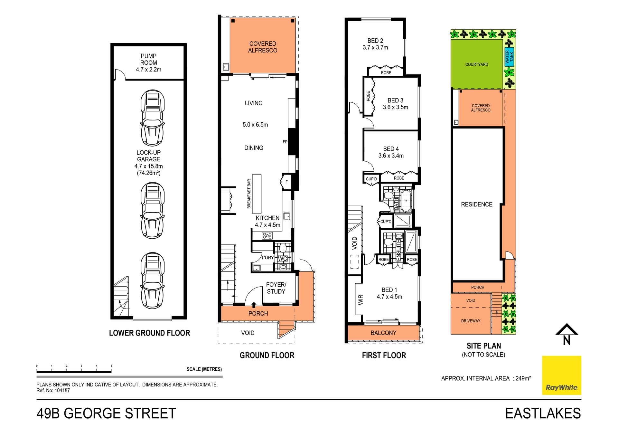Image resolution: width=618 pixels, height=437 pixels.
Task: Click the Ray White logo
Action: (x=562, y=375)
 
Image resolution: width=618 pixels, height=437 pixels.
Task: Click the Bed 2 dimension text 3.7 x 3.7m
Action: (x=375, y=48)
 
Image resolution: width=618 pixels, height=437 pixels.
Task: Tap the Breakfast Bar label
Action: (x=249, y=194)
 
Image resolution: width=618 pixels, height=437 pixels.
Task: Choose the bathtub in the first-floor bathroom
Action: (x=406, y=201)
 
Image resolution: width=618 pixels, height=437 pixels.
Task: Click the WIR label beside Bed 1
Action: (x=360, y=300)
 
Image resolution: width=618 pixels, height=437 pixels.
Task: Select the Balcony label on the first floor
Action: (x=383, y=333)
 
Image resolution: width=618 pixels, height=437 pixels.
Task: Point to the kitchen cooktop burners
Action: (x=267, y=236)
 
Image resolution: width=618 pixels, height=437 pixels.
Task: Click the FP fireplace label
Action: (x=285, y=142)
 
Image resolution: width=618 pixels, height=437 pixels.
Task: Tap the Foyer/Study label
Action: (x=276, y=288)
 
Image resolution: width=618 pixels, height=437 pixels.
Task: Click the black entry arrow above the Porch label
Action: (x=254, y=305)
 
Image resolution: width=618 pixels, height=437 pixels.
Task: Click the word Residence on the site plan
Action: (x=477, y=204)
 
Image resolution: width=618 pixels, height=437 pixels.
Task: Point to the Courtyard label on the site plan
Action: (x=477, y=64)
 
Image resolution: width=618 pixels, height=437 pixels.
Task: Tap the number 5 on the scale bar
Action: (x=111, y=366)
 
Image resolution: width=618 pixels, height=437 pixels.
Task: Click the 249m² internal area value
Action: (x=523, y=378)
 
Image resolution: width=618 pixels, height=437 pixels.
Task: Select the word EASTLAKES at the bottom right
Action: (x=543, y=413)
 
